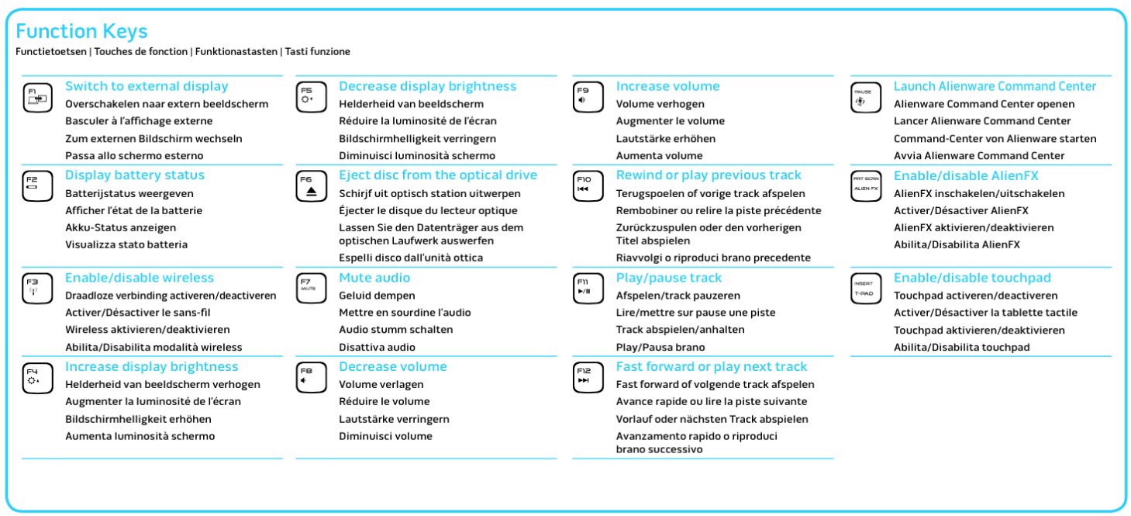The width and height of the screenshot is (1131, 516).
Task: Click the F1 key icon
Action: point(38,97)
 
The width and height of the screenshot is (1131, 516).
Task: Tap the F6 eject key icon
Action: point(312,186)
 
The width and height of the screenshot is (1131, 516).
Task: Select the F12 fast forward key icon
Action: point(588,377)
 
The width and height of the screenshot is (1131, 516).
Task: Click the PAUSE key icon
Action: point(866,97)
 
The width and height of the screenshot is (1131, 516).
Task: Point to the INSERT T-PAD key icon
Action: point(866,288)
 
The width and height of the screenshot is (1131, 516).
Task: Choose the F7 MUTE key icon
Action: point(312,288)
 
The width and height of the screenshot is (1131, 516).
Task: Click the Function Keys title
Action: point(82,31)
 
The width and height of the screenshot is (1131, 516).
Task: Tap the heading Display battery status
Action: point(135,175)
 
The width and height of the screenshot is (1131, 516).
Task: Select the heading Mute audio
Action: point(374,278)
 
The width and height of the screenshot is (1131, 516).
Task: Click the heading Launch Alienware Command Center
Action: point(995,86)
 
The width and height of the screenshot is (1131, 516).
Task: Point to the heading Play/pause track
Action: point(668,278)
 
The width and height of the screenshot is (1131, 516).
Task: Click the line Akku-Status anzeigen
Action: point(121,227)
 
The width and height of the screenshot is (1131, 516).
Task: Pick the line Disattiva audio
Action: point(378,347)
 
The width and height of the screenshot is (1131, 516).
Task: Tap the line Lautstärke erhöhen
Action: point(665,138)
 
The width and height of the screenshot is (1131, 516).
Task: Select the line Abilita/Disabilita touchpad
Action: point(962,347)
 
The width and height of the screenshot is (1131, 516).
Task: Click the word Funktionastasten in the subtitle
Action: point(236,51)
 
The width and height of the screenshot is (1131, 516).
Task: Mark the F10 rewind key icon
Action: point(588,186)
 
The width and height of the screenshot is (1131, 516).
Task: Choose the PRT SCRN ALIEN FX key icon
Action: point(866,186)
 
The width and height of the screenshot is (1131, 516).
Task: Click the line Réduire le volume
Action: point(384,401)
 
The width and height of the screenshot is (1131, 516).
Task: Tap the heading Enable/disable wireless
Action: point(140,278)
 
